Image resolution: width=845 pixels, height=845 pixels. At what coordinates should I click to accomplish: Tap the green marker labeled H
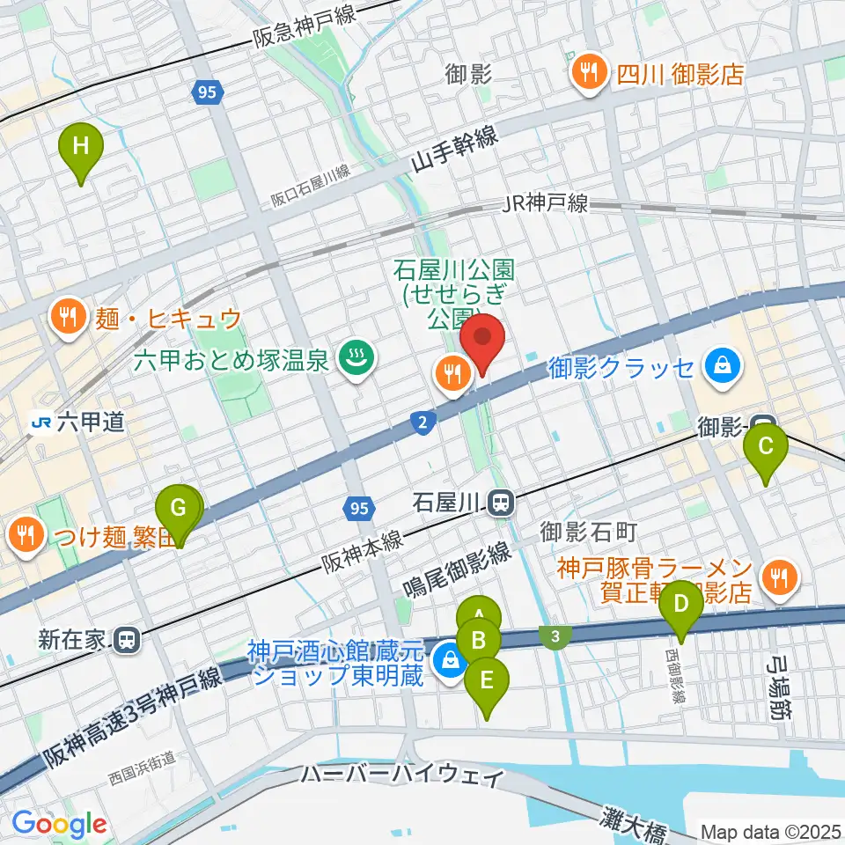[x=81, y=147]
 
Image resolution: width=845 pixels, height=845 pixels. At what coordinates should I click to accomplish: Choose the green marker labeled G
[x=178, y=510]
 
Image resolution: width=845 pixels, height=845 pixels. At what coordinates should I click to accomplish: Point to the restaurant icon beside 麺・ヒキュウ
[x=68, y=315]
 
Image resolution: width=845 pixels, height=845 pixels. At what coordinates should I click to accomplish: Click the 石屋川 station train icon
[x=501, y=503]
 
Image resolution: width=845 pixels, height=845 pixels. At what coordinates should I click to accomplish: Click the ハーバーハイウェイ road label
[x=402, y=776]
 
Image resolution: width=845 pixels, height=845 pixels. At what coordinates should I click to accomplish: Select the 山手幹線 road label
[x=454, y=148]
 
